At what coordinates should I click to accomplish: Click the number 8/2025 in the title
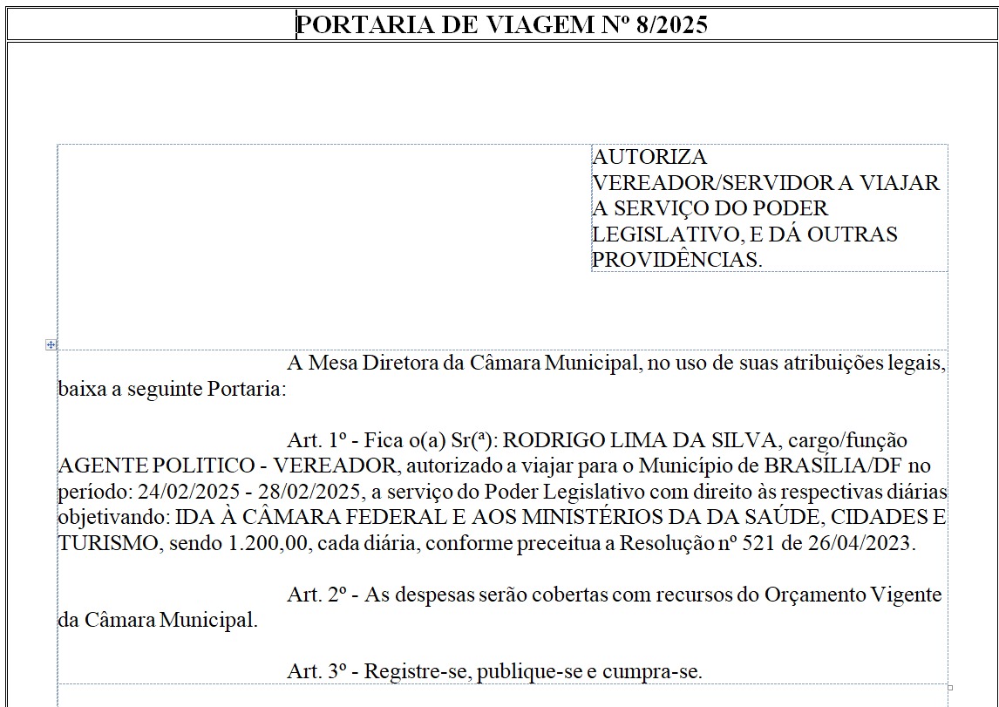pyautogui.click(x=672, y=24)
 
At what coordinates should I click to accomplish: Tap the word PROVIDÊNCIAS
pyautogui.click(x=677, y=260)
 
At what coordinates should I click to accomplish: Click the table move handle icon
pyautogui.click(x=51, y=345)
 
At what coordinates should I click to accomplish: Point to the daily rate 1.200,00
pyautogui.click(x=267, y=543)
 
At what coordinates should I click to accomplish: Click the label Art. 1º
pyautogui.click(x=318, y=441)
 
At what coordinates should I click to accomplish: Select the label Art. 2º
pyautogui.click(x=318, y=595)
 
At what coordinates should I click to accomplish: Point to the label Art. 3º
pyautogui.click(x=318, y=671)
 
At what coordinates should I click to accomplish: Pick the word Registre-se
pyautogui.click(x=405, y=671)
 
